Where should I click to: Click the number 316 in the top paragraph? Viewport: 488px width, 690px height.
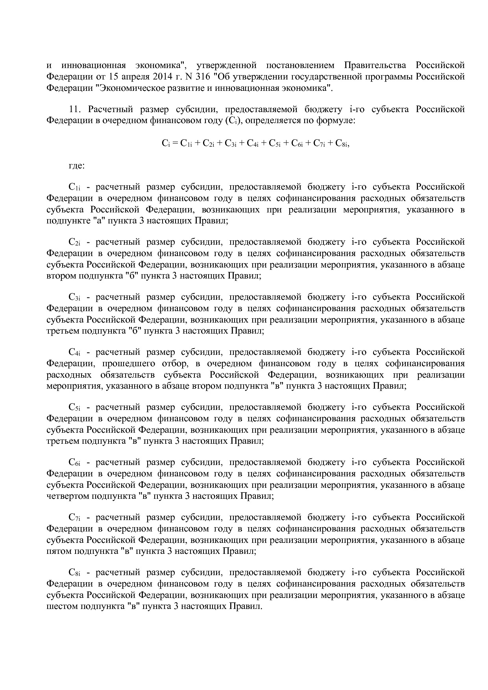(203, 76)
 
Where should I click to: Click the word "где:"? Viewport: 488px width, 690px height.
(76, 166)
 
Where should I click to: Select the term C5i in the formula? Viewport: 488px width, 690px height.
(274, 144)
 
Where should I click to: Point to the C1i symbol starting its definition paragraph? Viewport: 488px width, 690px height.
(74, 187)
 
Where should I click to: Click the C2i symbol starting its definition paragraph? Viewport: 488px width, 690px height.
(74, 242)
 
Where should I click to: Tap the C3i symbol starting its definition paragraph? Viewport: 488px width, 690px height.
(74, 297)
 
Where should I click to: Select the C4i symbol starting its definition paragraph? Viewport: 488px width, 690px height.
(74, 352)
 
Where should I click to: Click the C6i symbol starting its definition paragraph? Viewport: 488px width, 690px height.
(74, 462)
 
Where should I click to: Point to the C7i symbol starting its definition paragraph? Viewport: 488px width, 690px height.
(74, 517)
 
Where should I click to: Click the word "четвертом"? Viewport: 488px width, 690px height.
(68, 496)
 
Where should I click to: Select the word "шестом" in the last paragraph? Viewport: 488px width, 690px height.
(62, 606)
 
